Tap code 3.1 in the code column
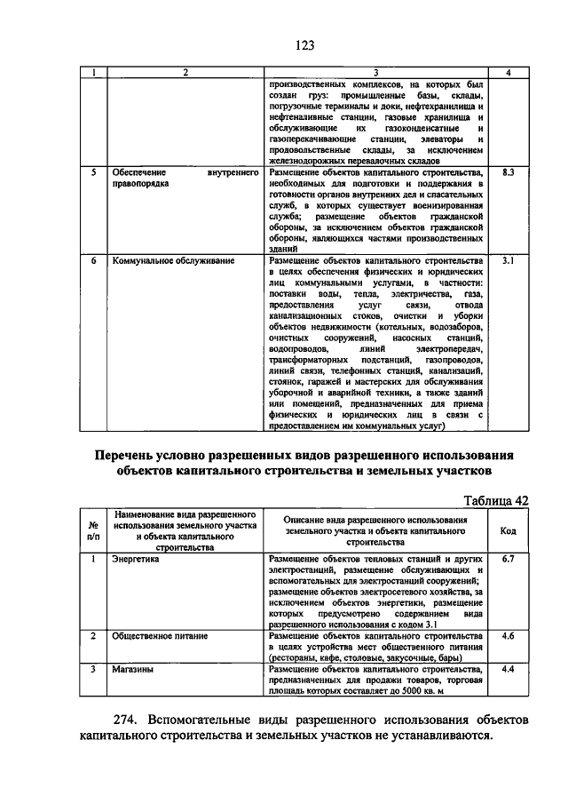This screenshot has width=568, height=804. click(508, 261)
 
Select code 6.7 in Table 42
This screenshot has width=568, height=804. click(508, 559)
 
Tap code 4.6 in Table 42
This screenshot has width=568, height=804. click(508, 637)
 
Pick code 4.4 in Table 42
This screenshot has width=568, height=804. click(508, 669)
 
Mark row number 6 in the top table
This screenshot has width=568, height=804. click(93, 261)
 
